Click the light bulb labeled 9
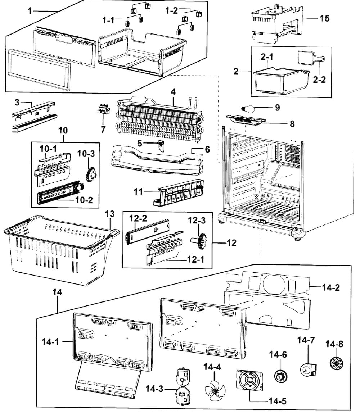tap(248, 109)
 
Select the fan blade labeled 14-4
tap(215, 389)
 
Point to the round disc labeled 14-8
tap(336, 363)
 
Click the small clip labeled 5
tap(161, 145)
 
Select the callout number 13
tap(110, 214)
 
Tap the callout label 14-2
tap(331, 287)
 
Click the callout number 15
tap(325, 18)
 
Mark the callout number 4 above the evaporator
tap(173, 92)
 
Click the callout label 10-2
tap(84, 200)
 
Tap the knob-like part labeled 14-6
tap(280, 376)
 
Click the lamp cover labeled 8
tap(245, 119)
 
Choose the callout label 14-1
tap(50, 342)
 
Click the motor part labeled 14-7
tap(309, 368)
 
